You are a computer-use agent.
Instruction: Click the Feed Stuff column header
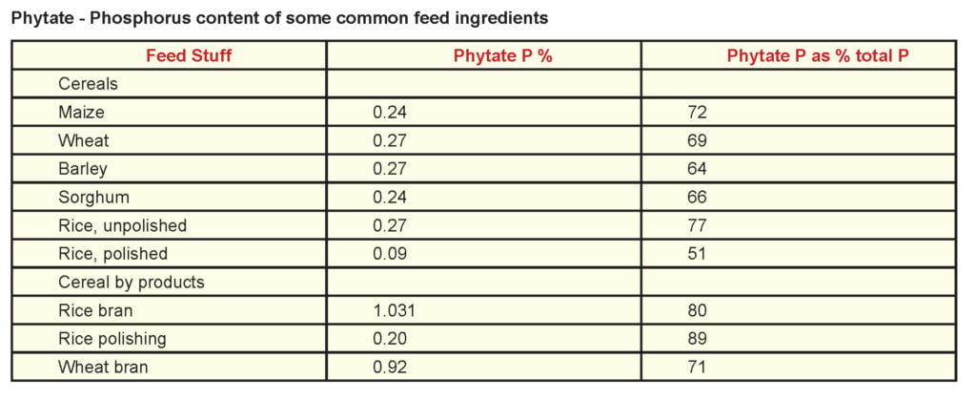(189, 55)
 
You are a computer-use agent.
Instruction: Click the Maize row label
(80, 113)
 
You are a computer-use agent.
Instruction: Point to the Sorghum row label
(92, 198)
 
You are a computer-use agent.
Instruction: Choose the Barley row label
(83, 169)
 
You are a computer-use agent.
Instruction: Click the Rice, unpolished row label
(122, 226)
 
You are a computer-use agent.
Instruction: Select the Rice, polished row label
(112, 254)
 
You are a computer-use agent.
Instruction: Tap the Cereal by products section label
(132, 283)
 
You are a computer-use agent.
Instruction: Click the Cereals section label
(88, 84)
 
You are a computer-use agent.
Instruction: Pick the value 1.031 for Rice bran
(394, 311)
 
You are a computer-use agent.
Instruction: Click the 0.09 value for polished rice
(390, 254)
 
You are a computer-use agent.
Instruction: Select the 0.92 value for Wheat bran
(390, 368)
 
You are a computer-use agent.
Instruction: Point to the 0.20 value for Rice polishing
(390, 339)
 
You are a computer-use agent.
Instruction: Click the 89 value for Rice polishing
(697, 339)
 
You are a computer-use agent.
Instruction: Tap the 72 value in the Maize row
(697, 113)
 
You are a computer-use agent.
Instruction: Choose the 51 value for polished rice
(697, 254)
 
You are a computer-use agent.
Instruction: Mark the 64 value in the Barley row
(697, 169)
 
